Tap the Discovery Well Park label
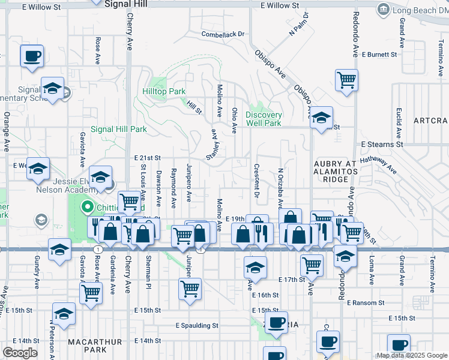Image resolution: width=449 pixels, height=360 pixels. (x=264, y=119)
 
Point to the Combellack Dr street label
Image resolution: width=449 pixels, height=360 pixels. (x=223, y=34)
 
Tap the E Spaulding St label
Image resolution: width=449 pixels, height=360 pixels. (x=197, y=325)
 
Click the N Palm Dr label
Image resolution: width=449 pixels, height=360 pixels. (x=299, y=23)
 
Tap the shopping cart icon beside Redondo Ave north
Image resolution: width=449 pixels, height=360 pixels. (x=347, y=80)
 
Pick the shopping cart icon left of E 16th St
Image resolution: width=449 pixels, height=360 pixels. (x=190, y=289)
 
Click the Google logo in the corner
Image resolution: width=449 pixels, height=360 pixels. (x=20, y=353)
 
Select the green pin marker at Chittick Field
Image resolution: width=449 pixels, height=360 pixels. (x=87, y=208)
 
